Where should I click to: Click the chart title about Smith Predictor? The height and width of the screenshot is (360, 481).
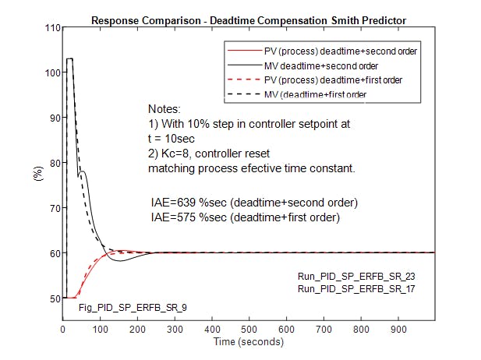(248, 19)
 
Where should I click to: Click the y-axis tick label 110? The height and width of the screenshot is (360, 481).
(51, 29)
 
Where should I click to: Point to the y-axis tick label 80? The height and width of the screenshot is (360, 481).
(54, 164)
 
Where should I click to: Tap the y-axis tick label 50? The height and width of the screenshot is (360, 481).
(54, 298)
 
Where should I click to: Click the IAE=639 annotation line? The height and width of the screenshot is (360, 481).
(254, 203)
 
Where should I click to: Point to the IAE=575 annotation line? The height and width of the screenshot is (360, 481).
(245, 218)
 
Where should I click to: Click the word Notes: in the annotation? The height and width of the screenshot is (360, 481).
(164, 108)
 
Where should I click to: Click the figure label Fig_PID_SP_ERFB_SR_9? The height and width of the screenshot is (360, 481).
(133, 308)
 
